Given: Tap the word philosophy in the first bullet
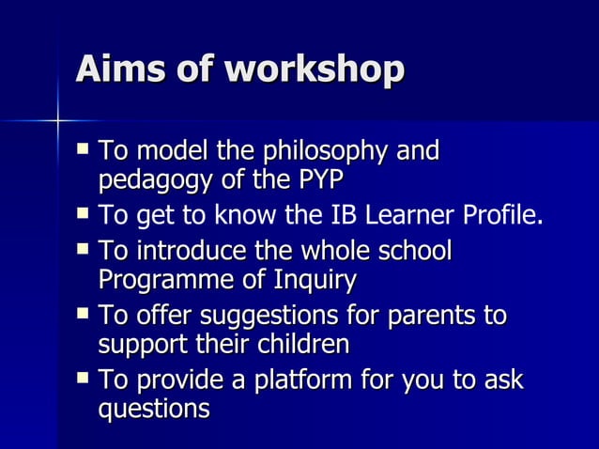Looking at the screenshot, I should pos(330,152).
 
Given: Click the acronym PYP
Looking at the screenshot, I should pos(316,178).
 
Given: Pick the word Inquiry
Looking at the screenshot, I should pos(313,280).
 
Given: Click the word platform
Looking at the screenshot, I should pos(285,383).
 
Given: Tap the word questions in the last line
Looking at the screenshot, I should pos(154,410).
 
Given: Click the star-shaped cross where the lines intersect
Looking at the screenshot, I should pos(57,120).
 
